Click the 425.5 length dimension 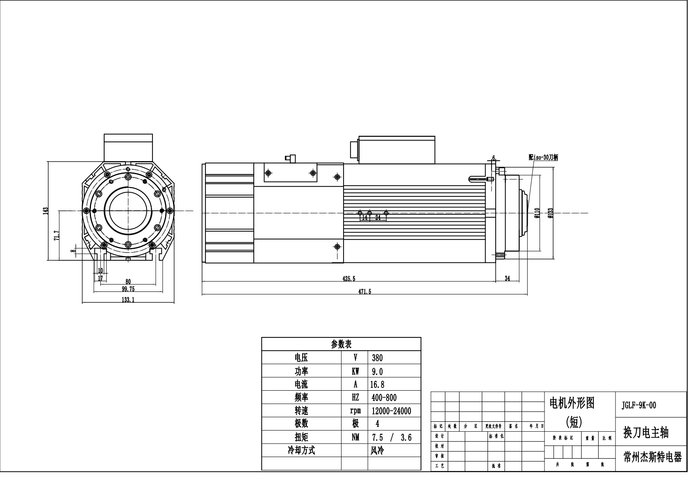click(x=349, y=278)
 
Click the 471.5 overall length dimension click(x=365, y=291)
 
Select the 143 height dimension click(x=46, y=210)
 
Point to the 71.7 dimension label click(x=57, y=236)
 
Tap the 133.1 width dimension click(x=128, y=300)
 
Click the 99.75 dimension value click(x=128, y=289)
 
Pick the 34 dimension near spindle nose click(x=507, y=278)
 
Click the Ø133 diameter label click(x=551, y=212)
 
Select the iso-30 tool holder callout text click(x=543, y=157)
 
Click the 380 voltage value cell click(x=377, y=357)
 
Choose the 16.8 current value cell click(x=377, y=384)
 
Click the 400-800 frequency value click(x=384, y=397)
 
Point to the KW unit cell click(x=355, y=371)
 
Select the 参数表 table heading click(x=341, y=344)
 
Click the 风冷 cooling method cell click(x=378, y=451)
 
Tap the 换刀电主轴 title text click(x=646, y=432)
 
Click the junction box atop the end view click(x=128, y=147)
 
